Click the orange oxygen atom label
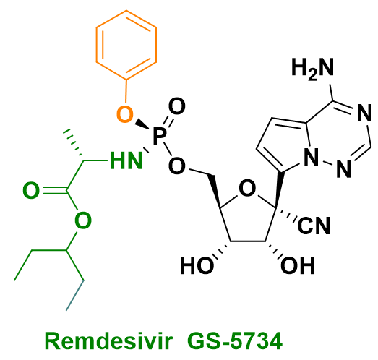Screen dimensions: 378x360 (x=124, y=114)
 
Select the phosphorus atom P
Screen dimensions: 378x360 (x=160, y=136)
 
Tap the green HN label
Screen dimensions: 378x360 (x=126, y=160)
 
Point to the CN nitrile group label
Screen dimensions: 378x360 (x=314, y=226)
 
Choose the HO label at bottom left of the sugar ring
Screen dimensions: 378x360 (x=197, y=265)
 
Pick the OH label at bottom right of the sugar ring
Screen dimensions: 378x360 (x=298, y=265)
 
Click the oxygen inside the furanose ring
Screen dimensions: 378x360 (x=246, y=189)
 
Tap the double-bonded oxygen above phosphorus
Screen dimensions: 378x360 (x=177, y=106)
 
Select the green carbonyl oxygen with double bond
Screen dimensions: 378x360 (x=31, y=190)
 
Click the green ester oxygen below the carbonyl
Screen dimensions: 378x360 (x=83, y=220)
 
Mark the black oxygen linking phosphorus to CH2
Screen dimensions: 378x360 (x=177, y=166)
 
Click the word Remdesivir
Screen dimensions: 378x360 (x=108, y=340)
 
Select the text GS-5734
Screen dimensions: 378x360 (x=235, y=340)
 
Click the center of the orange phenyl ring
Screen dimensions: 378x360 (x=126, y=45)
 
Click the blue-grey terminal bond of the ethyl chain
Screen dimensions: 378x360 (x=75, y=296)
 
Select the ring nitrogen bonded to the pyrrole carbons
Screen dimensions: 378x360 (x=311, y=157)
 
